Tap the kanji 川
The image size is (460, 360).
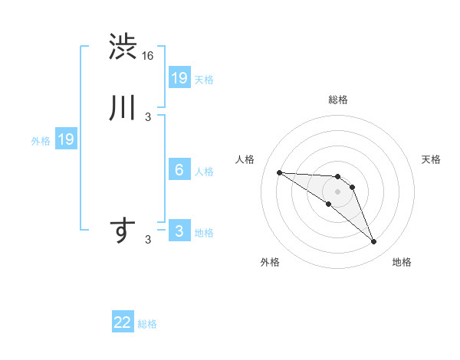tap(123, 108)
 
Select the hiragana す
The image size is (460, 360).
tap(123, 231)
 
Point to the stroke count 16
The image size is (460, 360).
tap(149, 55)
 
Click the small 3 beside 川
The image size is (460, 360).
tap(148, 116)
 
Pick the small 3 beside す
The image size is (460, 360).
tap(148, 240)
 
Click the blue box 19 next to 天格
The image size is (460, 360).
tap(179, 77)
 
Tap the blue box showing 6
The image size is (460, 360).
tap(179, 170)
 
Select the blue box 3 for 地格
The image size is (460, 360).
tap(179, 231)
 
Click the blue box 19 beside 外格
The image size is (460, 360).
tap(66, 139)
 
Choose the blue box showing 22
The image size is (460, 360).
tap(123, 322)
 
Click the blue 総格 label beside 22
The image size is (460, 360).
tap(147, 324)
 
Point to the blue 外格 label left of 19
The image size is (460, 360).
tap(41, 140)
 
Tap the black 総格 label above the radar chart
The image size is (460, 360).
tap(337, 100)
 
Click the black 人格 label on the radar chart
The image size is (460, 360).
tap(245, 159)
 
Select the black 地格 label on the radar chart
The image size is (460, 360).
tap(402, 262)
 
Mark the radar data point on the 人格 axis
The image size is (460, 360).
tap(279, 172)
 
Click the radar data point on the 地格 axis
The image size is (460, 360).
tap(374, 242)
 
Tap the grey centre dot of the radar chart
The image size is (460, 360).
tap(337, 191)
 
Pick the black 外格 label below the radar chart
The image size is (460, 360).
tap(270, 262)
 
